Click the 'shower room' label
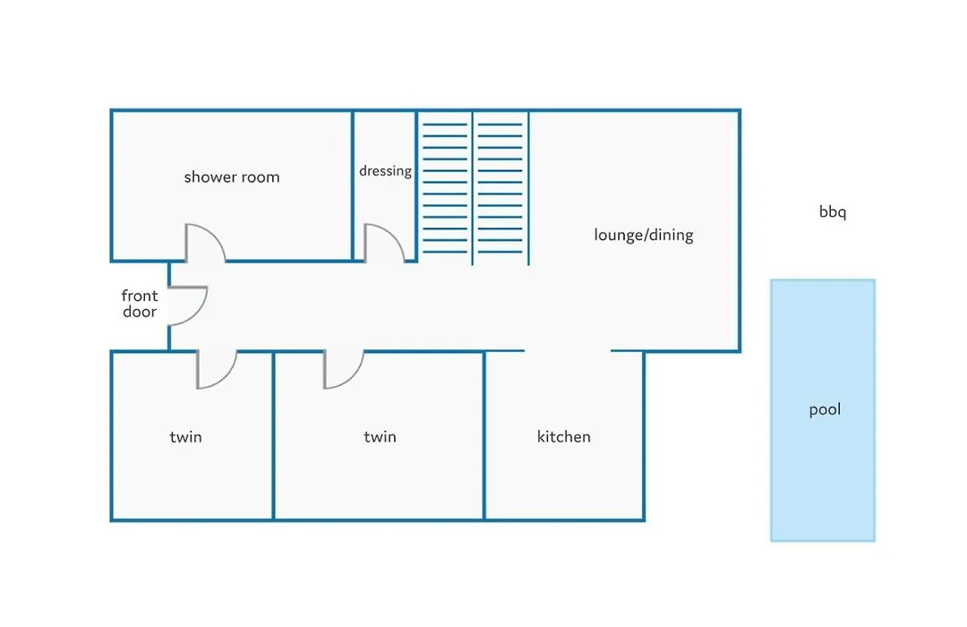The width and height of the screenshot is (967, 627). coord(232,177)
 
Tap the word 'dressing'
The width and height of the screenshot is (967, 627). coord(385,171)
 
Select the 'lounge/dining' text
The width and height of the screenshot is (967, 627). coord(643,235)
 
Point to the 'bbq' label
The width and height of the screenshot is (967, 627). coord(833,211)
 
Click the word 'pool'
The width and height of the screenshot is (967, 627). coord(825,409)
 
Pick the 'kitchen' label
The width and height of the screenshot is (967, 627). coord(564,437)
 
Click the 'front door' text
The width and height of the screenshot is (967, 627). coord(140,304)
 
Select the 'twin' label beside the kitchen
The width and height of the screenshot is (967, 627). coord(380,437)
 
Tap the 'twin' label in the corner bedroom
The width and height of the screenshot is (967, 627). coord(185,437)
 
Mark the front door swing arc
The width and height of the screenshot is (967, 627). coord(199,313)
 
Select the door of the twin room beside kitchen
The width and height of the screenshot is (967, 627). coord(354,378)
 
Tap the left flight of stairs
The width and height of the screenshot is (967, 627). coord(445,188)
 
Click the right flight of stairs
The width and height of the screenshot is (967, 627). coord(501,188)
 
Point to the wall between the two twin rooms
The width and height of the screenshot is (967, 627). coord(273,435)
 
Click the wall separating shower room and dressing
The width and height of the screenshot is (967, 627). coord(353,185)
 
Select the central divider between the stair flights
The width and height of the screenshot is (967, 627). coord(473,188)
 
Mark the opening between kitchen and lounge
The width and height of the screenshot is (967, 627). coord(568,351)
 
